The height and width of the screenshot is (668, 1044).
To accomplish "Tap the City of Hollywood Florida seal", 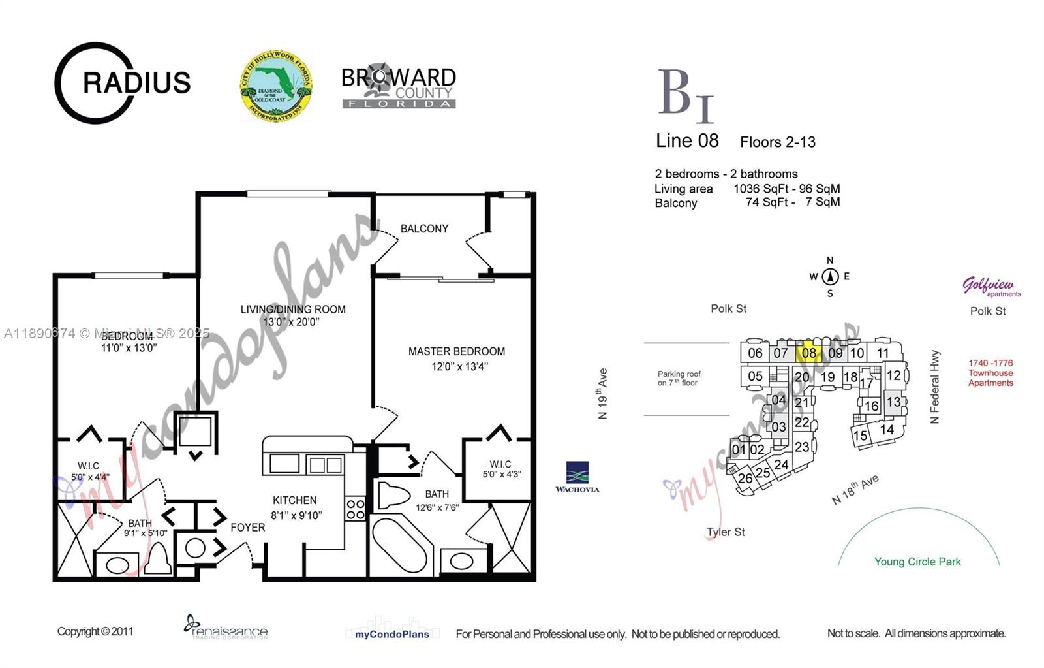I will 275,86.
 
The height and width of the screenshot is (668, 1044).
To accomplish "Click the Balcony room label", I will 424,229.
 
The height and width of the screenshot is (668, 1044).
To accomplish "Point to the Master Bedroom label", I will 457,351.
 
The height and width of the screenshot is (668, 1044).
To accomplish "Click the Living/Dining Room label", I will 293,310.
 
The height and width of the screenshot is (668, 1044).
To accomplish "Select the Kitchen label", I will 295,500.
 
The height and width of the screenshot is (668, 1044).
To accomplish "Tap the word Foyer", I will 248,527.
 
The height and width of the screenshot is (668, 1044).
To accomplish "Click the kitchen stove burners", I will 356,509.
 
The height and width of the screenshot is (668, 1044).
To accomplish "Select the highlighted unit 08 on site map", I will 809,352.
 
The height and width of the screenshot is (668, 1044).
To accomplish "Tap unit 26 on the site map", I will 745,478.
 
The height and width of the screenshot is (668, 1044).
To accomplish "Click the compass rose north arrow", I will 830,277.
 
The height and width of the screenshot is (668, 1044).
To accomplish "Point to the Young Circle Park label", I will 917,562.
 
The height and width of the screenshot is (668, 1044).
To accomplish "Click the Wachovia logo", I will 577,477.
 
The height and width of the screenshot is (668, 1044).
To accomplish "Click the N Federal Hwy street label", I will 935,387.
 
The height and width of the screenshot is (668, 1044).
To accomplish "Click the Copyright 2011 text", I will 95,631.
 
